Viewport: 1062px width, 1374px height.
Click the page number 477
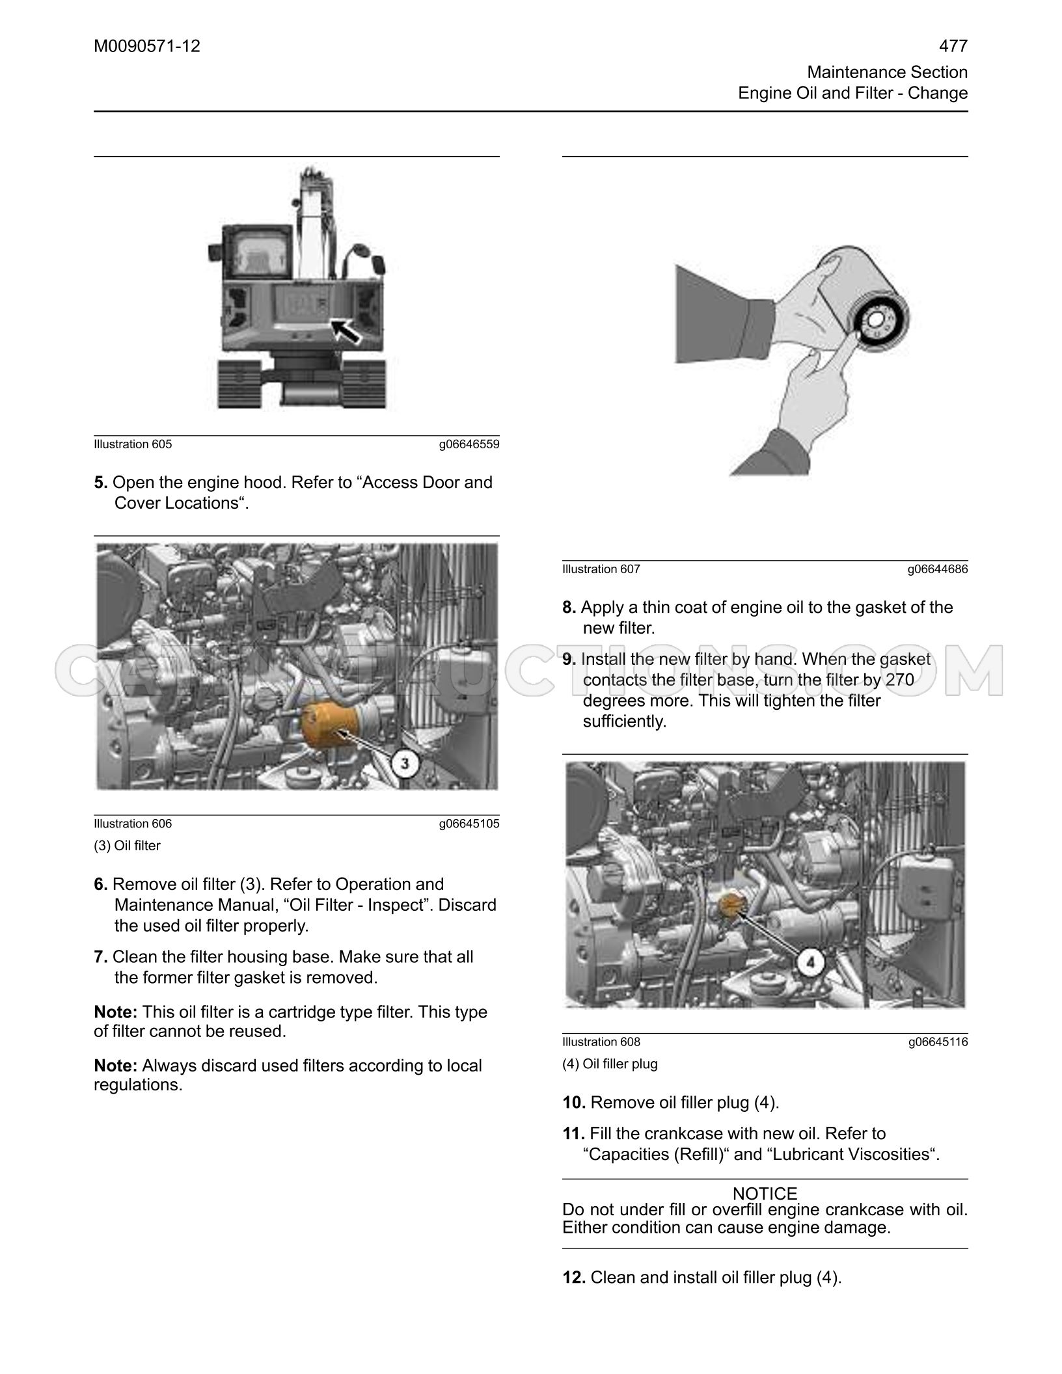pos(953,46)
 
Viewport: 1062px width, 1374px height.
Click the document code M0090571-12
pos(147,46)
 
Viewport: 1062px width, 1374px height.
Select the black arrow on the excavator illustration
pos(346,329)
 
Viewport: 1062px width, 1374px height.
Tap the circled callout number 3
pos(405,762)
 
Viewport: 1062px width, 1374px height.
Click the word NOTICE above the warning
pos(765,1194)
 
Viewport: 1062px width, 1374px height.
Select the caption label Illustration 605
pos(133,444)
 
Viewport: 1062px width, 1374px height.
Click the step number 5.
pos(100,483)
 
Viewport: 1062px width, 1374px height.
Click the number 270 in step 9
pos(900,680)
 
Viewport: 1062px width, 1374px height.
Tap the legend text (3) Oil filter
pos(127,846)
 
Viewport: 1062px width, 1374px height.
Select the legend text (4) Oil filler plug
pos(610,1064)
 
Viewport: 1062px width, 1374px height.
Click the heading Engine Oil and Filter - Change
pos(852,93)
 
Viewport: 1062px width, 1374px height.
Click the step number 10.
pos(574,1103)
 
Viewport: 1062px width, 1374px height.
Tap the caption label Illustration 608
pos(601,1042)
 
